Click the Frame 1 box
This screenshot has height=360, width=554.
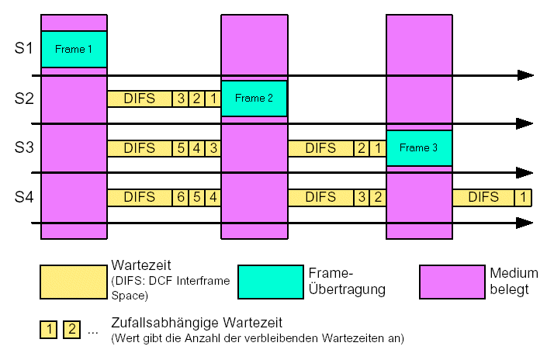(74, 49)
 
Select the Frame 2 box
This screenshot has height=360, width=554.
(254, 99)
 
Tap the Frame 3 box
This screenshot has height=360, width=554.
(419, 147)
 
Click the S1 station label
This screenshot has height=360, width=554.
(24, 49)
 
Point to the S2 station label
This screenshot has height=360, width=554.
(24, 99)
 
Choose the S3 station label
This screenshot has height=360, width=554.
(24, 147)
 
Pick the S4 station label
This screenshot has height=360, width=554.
(24, 197)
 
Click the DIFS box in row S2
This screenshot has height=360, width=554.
(140, 99)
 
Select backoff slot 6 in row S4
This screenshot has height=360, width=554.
(181, 197)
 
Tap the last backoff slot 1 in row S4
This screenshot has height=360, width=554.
(524, 197)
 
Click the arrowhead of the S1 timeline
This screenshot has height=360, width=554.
(526, 75)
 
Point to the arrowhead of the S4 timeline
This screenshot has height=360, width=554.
(526, 223)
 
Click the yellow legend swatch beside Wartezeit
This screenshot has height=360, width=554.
(74, 282)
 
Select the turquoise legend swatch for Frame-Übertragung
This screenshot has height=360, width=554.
(270, 282)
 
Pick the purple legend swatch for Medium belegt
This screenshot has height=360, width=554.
(452, 282)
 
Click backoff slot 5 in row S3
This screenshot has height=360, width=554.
(181, 147)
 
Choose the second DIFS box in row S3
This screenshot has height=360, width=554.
(320, 147)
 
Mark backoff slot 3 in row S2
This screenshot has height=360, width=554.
(181, 99)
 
